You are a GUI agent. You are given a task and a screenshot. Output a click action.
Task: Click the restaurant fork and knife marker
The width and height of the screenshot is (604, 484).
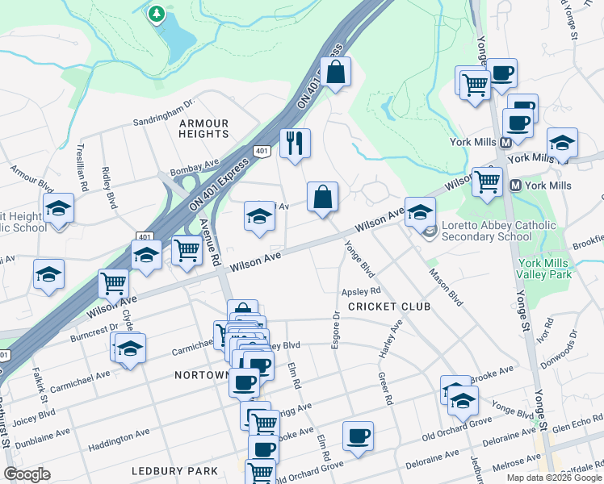click(295, 144)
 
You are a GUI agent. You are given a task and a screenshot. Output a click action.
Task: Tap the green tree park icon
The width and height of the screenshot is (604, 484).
click(156, 14)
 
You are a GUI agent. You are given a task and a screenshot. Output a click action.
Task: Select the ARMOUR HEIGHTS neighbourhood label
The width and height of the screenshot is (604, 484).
click(204, 128)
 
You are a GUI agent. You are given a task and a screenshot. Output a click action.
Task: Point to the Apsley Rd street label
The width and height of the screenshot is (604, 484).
click(361, 290)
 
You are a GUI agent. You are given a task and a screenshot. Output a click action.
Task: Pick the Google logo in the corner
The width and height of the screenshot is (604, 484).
click(27, 475)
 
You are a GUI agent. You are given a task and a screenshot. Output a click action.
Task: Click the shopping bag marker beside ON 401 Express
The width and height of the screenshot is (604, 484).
click(336, 72)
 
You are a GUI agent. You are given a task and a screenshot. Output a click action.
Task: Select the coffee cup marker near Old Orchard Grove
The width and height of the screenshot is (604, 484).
click(358, 436)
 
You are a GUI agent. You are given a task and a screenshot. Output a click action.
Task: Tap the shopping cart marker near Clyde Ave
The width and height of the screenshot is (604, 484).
click(113, 283)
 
